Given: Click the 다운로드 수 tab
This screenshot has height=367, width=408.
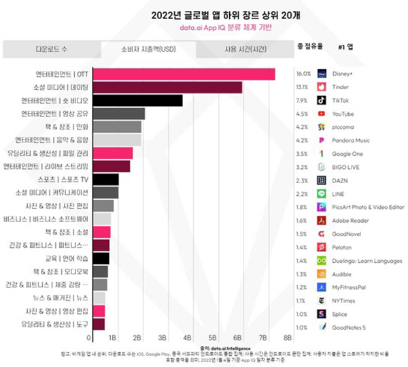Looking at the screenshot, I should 51,50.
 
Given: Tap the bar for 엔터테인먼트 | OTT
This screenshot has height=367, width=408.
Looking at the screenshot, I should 183,74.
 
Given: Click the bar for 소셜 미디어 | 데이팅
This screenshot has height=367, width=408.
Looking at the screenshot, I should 167,87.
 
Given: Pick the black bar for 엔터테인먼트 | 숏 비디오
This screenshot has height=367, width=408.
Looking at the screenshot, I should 137,100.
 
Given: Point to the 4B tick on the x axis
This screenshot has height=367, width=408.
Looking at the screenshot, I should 187,337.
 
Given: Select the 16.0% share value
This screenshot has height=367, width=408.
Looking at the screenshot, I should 303,74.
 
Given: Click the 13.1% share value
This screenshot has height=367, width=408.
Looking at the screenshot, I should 303,87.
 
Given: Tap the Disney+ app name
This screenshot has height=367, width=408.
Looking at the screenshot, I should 343,74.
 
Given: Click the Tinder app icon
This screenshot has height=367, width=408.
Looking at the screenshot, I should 323,87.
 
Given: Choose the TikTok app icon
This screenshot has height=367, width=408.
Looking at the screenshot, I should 323,100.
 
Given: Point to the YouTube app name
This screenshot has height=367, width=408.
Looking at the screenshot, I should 344,114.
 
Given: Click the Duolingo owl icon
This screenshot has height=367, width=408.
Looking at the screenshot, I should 323,259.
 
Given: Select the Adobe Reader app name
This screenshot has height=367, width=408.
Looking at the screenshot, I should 350,220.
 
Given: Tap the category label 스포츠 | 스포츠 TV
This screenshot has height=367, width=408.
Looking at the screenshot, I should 61,180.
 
